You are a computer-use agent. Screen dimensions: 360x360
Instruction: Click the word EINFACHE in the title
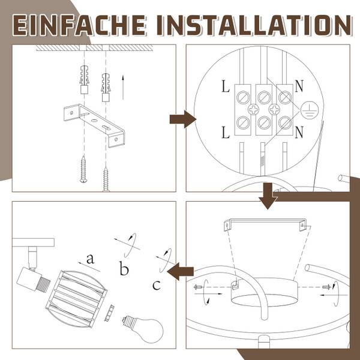coord(79,25)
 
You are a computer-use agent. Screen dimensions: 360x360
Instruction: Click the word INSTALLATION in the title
coord(254,25)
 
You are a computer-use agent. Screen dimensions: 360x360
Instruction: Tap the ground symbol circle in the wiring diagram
coord(309,110)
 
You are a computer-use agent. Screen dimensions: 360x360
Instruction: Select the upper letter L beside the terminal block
coord(226,86)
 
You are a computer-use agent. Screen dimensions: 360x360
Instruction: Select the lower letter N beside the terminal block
coord(299,132)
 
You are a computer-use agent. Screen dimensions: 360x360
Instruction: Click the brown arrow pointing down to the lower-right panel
coord(268,196)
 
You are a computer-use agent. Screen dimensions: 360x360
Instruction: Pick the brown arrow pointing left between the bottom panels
coord(181,272)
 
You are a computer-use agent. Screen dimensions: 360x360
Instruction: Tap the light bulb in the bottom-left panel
coord(143,329)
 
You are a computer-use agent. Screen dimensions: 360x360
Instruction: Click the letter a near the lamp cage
coord(90,259)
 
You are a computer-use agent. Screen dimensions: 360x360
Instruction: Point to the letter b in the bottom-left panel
coord(124,268)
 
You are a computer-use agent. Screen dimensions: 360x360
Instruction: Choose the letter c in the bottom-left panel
coord(157,285)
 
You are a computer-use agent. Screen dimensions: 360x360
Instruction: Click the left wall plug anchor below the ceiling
coord(84,79)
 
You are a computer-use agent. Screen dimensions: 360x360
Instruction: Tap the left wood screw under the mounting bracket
coord(83,169)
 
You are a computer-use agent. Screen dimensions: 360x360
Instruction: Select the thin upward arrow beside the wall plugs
coord(123,87)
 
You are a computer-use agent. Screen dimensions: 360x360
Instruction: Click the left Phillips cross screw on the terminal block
coord(253,110)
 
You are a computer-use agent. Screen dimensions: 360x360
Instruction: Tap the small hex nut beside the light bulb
coord(109,313)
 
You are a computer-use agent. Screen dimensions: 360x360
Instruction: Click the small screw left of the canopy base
coord(198,287)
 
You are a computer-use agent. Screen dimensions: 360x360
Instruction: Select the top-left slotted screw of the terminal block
coord(243,97)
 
